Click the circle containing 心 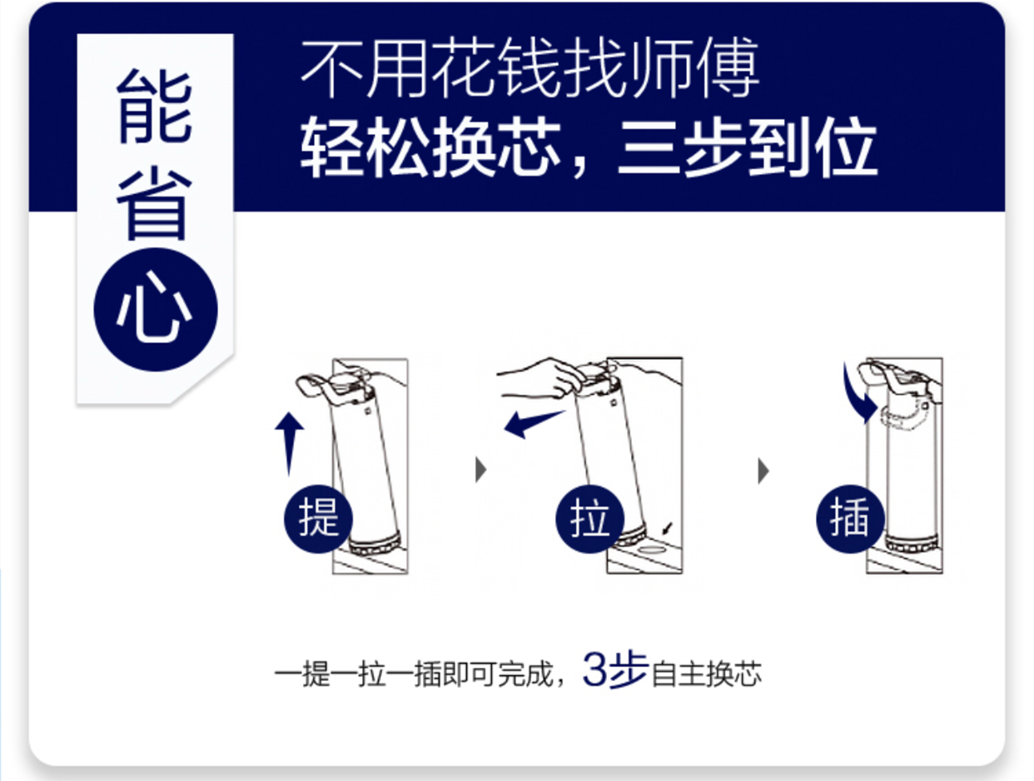[156, 310]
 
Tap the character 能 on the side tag [155, 107]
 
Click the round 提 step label [318, 519]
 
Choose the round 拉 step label [589, 519]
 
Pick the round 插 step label [850, 519]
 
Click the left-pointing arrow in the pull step [534, 424]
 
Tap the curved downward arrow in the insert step [858, 395]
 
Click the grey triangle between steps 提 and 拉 [481, 470]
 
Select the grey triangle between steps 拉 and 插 [763, 470]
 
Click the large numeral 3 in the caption [595, 669]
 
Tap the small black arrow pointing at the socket [668, 528]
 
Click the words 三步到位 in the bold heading [747, 147]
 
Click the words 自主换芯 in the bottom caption [706, 674]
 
